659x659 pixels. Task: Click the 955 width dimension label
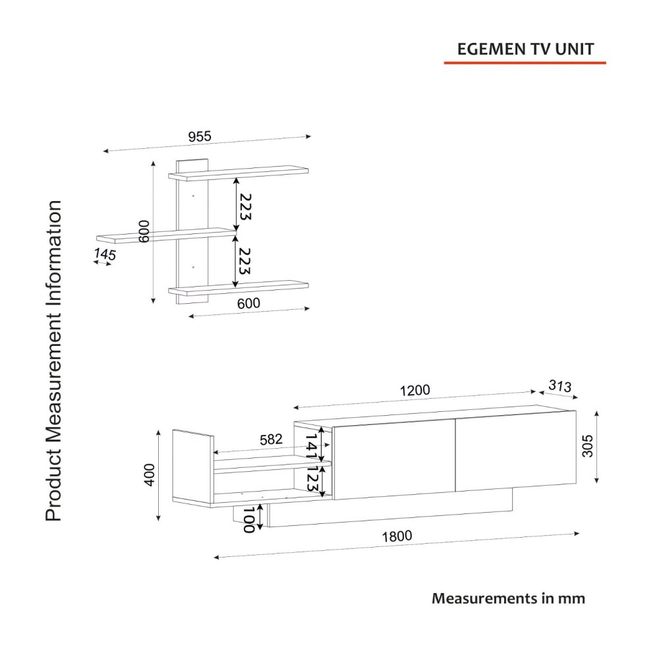click(200, 136)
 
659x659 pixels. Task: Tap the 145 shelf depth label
click(105, 254)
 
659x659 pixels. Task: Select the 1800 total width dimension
click(397, 536)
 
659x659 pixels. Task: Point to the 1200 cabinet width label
click(415, 390)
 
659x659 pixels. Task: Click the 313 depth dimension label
click(559, 386)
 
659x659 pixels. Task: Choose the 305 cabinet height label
click(588, 446)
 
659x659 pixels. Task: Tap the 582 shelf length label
click(271, 440)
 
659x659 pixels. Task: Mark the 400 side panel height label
click(150, 475)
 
